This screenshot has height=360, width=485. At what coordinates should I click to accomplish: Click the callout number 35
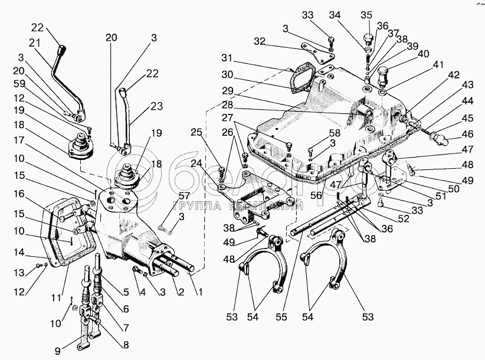[x=366, y=15]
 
